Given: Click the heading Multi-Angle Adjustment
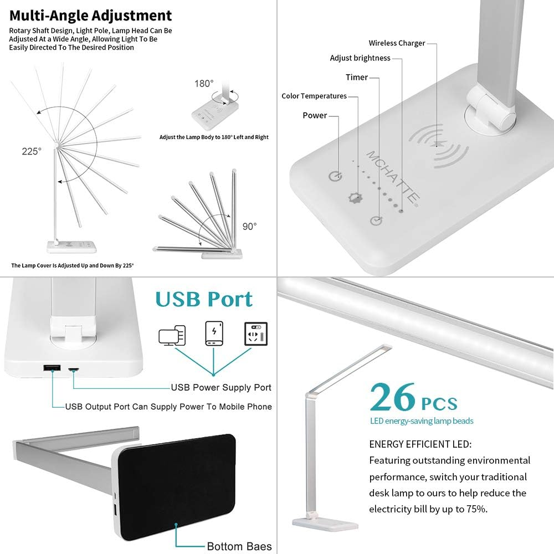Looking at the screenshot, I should (x=90, y=15).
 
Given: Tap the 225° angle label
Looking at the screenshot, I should (x=32, y=151).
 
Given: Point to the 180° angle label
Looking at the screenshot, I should (x=203, y=84).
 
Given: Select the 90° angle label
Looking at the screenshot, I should (x=249, y=227).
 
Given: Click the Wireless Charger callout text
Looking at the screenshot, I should (x=397, y=43).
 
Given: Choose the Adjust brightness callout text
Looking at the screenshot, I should (x=360, y=58).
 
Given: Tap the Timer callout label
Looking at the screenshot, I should (x=356, y=78).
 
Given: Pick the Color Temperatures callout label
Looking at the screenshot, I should (x=314, y=96).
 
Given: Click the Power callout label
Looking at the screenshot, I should (x=315, y=116).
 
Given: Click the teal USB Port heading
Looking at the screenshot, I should (x=204, y=299).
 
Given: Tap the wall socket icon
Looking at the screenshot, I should (x=256, y=334).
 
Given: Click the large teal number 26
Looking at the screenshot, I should (x=392, y=397).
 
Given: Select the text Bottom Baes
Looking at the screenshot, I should (x=239, y=547).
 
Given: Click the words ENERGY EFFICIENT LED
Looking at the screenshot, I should (x=420, y=444).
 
